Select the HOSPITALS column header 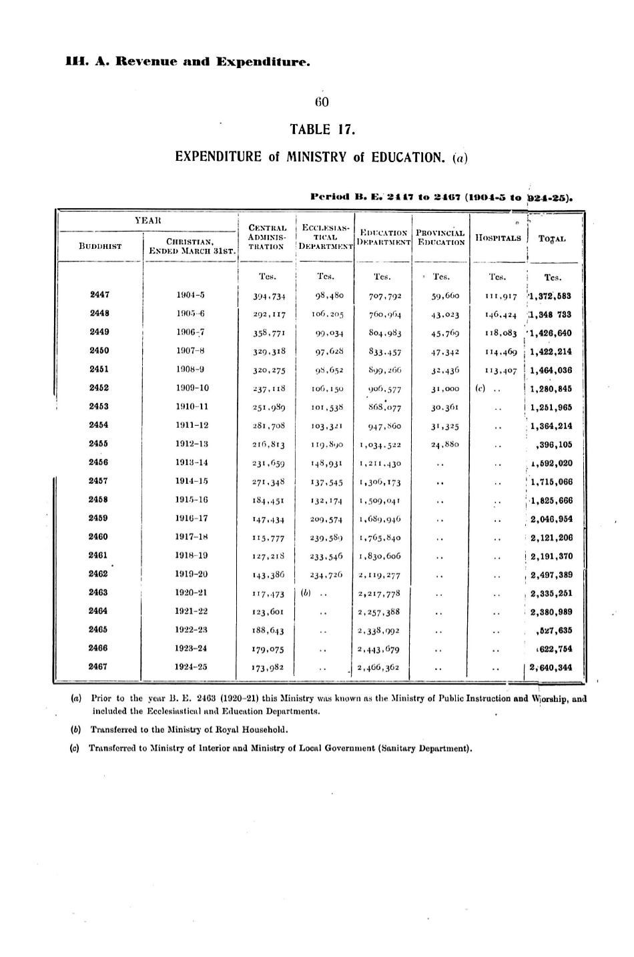[x=497, y=238]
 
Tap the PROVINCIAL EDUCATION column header [x=440, y=238]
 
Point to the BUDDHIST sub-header [x=100, y=246]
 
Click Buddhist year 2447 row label [x=99, y=294]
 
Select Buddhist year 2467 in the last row [x=99, y=666]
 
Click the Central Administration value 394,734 [x=266, y=296]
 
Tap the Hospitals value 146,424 [x=501, y=314]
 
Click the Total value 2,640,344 [x=551, y=667]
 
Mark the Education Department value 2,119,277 [x=379, y=575]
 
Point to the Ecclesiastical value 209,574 [x=325, y=519]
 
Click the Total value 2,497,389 [x=551, y=575]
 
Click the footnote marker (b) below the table [x=76, y=729]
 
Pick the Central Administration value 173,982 [x=266, y=667]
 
